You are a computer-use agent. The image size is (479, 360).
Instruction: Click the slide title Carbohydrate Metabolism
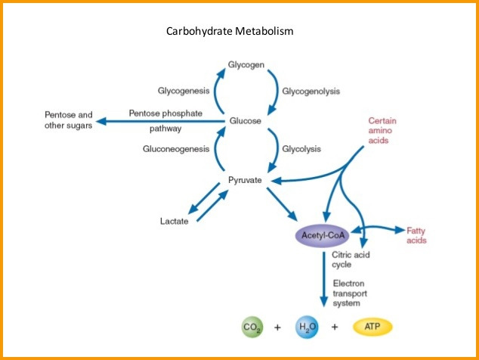tap(229, 32)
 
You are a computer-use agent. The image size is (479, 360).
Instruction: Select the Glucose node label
tap(246, 120)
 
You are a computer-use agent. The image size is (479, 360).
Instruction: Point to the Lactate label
tap(175, 222)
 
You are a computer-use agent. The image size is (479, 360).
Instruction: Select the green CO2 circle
tap(252, 327)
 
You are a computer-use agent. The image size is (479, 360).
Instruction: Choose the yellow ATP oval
tap(372, 327)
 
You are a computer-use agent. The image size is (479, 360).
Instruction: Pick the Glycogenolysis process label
tap(311, 92)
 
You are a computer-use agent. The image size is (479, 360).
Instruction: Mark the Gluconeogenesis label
tap(176, 149)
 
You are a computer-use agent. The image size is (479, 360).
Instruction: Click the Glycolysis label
tap(302, 149)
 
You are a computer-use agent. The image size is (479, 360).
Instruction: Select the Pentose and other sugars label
tap(69, 119)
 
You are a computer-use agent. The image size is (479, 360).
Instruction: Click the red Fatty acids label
tap(416, 235)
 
